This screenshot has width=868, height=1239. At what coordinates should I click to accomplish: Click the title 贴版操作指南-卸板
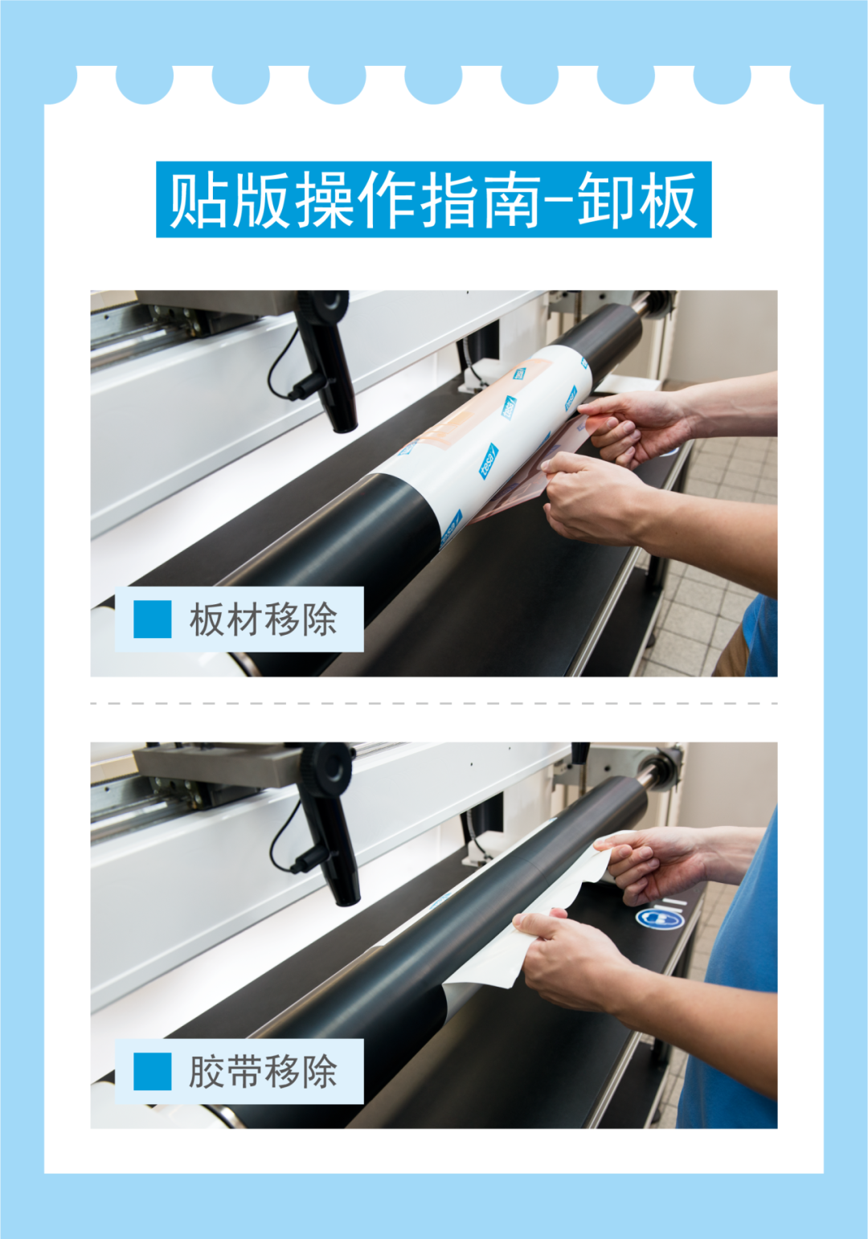433,200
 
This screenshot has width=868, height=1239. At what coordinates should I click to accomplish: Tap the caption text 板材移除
264,619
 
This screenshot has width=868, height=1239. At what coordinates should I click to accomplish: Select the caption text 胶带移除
264,1071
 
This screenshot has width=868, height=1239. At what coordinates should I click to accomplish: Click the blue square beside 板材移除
153,619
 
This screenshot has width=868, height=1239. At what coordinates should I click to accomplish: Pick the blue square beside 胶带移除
153,1071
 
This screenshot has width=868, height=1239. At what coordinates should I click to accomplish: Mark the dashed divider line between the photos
434,704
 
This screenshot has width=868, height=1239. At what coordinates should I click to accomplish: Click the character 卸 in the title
608,200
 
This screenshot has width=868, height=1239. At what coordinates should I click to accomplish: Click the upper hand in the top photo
637,426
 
